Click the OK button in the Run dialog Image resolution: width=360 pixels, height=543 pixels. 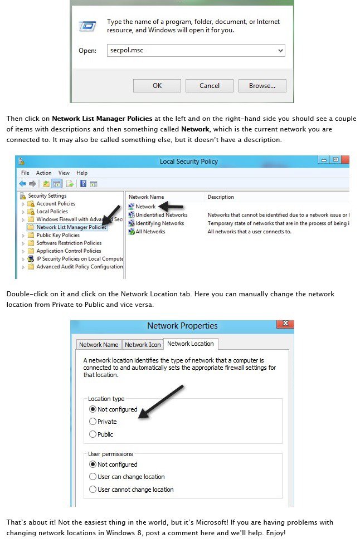pos(157,86)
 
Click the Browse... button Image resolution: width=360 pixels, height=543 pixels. pos(262,86)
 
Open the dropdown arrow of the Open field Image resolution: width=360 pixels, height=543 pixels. pos(280,50)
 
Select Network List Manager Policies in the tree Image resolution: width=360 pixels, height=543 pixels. pos(71,227)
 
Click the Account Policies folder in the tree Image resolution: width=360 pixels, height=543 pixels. pos(56,204)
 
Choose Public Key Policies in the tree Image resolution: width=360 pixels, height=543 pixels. pos(58,235)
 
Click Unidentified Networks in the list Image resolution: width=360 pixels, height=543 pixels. pos(161,215)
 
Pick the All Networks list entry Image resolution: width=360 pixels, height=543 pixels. pos(150,232)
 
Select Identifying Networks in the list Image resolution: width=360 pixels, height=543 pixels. pos(159,223)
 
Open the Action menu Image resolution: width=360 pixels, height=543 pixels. pos(44,173)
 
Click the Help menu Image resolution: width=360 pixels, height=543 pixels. pos(82,173)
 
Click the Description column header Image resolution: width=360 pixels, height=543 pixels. pos(221,197)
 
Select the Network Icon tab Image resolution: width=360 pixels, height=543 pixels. pos(143,345)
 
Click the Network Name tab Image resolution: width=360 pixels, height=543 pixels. pos(99,345)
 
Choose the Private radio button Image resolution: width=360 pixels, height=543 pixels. pos(93,422)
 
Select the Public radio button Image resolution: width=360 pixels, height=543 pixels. pos(93,434)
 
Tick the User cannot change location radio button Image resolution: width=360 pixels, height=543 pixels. pos(93,490)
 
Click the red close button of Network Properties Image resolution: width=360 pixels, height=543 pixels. pos(285,324)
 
